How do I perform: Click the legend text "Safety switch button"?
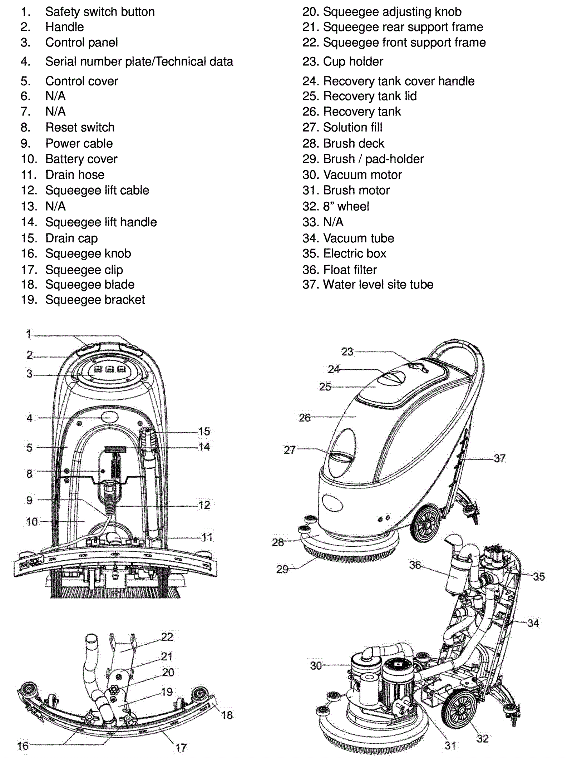click(x=100, y=12)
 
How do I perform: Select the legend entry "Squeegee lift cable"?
click(x=97, y=190)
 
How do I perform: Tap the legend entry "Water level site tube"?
click(x=378, y=285)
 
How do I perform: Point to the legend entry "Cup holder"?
click(x=353, y=61)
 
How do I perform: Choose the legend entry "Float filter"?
click(x=350, y=270)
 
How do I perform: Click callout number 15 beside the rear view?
click(x=204, y=431)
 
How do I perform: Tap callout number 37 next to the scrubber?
click(x=500, y=458)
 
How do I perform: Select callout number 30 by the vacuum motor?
click(x=316, y=666)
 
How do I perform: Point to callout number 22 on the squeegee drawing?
click(x=167, y=637)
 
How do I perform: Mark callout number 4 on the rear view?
click(x=30, y=418)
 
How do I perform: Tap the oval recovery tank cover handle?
click(x=392, y=378)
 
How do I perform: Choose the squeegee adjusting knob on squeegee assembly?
click(x=115, y=689)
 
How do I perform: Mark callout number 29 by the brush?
click(x=282, y=569)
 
